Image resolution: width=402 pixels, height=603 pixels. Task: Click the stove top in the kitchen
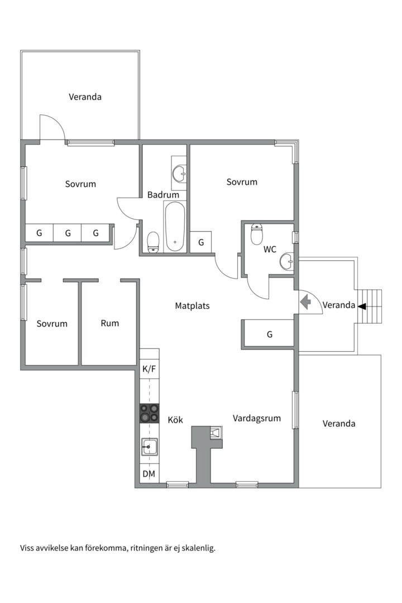click(149, 413)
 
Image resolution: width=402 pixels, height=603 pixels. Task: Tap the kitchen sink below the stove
click(149, 447)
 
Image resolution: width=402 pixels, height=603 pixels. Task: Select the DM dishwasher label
click(149, 474)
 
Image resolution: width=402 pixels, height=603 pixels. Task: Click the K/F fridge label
click(149, 369)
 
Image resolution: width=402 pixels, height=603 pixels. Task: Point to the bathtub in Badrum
click(175, 227)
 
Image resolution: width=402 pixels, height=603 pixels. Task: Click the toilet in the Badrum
click(154, 242)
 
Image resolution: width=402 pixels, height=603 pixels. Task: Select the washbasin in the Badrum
click(179, 174)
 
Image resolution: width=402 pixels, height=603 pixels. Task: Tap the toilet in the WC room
click(256, 234)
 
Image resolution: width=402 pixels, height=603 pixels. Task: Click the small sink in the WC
click(286, 261)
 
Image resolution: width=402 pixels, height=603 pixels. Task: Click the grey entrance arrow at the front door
click(306, 302)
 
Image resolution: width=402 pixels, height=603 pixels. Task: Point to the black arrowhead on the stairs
click(362, 307)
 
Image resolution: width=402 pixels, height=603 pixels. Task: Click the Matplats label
click(192, 306)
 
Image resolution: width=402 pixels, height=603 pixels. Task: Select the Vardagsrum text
click(257, 418)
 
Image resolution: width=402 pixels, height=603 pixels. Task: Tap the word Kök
click(175, 419)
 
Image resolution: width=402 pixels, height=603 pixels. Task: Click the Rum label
click(109, 323)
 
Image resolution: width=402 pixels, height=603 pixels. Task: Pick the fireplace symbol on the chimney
click(217, 433)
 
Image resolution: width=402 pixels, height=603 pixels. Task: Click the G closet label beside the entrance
click(270, 334)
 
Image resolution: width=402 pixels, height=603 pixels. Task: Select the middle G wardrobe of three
click(68, 233)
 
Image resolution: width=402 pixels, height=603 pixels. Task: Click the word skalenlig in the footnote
click(199, 548)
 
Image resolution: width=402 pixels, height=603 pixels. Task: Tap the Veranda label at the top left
click(85, 97)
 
